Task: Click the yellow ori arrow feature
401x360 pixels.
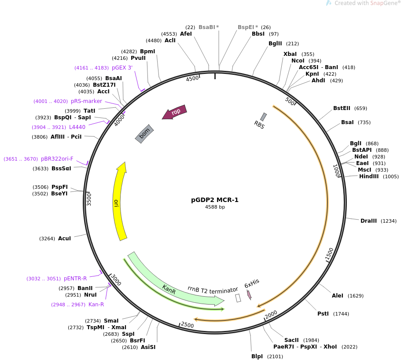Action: pyautogui.click(x=117, y=202)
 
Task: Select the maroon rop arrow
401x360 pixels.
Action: pyautogui.click(x=175, y=112)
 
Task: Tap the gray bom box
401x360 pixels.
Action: pyautogui.click(x=144, y=134)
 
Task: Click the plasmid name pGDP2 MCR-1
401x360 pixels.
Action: pyautogui.click(x=215, y=200)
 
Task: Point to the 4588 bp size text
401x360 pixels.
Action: pyautogui.click(x=215, y=207)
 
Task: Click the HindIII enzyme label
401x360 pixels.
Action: pyautogui.click(x=369, y=176)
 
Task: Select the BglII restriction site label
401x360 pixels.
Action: pyautogui.click(x=275, y=44)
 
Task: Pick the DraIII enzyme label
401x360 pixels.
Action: pyautogui.click(x=368, y=221)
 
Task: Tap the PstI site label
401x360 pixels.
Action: pyautogui.click(x=323, y=314)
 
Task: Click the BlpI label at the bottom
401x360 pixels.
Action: pyautogui.click(x=257, y=356)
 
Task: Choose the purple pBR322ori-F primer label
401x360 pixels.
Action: pyautogui.click(x=57, y=159)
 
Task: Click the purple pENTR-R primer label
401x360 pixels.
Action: pyautogui.click(x=75, y=279)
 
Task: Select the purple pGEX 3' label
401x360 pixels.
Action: pyautogui.click(x=122, y=68)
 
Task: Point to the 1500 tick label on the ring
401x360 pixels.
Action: pyautogui.click(x=330, y=254)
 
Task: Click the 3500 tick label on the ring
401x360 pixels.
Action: pyautogui.click(x=89, y=199)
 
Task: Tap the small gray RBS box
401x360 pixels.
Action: pyautogui.click(x=263, y=117)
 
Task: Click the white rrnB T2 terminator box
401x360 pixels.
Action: pyautogui.click(x=238, y=298)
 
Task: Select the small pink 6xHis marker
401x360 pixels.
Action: pyautogui.click(x=249, y=295)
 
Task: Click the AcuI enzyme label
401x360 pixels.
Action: pyautogui.click(x=64, y=239)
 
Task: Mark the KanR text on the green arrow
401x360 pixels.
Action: pyautogui.click(x=169, y=290)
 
